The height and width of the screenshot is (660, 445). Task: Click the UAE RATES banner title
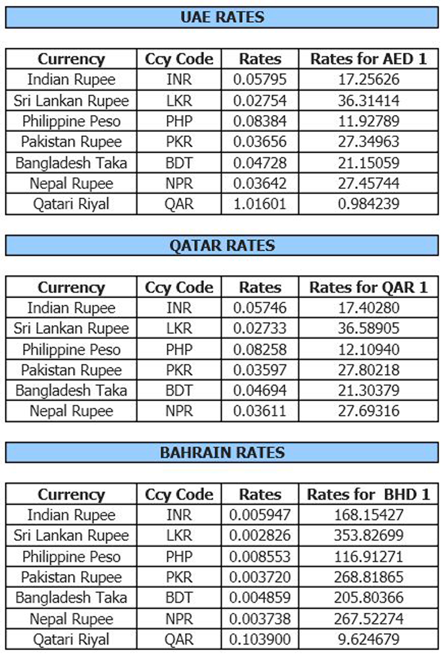click(222, 17)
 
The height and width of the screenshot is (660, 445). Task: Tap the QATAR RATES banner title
click(222, 246)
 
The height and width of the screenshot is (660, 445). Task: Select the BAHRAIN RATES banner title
click(222, 453)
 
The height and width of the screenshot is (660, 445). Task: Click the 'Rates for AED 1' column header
click(368, 59)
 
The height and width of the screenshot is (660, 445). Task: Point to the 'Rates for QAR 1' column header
click(368, 287)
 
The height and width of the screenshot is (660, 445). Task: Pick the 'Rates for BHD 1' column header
click(368, 495)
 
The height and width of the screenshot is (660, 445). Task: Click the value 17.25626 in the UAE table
click(368, 79)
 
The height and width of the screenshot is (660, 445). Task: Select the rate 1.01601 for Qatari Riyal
click(260, 204)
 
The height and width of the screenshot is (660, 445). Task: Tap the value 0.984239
click(368, 204)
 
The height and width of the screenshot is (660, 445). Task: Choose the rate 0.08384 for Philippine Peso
click(260, 121)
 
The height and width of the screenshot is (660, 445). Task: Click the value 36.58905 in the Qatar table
click(368, 328)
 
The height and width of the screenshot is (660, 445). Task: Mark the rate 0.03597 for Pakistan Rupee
click(260, 370)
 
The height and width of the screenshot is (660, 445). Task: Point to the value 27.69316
click(368, 411)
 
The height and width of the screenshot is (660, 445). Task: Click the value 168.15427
click(368, 515)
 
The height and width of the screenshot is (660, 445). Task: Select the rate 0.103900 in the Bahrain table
click(260, 640)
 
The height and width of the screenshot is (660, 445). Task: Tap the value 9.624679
click(368, 640)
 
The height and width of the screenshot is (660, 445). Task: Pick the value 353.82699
click(368, 536)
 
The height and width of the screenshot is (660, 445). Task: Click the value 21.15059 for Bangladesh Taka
click(368, 163)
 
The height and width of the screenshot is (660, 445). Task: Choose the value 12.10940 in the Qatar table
click(368, 349)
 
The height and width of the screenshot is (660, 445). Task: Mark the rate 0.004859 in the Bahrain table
click(260, 598)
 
